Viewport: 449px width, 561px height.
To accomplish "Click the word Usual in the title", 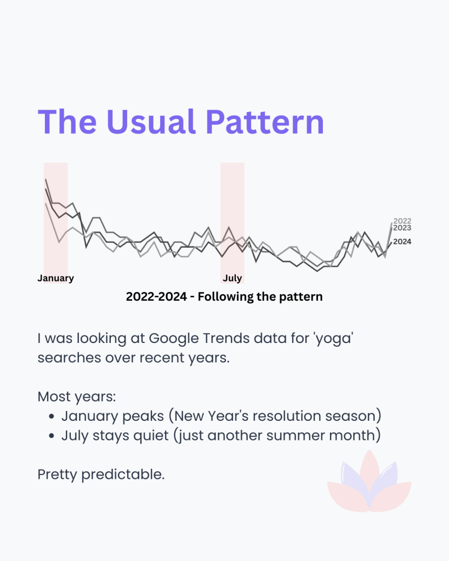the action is click(x=151, y=122).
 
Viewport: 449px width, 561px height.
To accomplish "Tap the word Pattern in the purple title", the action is click(x=265, y=122).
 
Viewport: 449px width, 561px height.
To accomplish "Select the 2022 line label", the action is click(x=402, y=221).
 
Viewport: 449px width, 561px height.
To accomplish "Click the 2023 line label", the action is click(x=402, y=228).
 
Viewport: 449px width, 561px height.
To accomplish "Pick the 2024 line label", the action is click(x=402, y=242).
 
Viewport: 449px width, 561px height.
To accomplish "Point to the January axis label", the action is click(x=55, y=278).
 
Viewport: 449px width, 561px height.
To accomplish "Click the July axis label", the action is click(x=232, y=278).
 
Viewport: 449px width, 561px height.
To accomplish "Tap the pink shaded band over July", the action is click(x=232, y=222).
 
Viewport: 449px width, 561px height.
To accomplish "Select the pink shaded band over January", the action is click(x=55, y=222).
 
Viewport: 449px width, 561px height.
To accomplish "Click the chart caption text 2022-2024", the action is click(x=156, y=296).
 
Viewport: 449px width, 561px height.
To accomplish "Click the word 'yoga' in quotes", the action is click(x=333, y=339).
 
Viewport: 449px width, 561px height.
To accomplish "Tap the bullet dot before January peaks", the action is click(x=52, y=416).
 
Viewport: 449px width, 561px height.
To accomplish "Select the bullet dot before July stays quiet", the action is click(x=52, y=436).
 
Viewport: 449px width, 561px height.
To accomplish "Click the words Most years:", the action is click(x=77, y=397).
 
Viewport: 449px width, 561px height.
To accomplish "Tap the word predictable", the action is click(x=123, y=475).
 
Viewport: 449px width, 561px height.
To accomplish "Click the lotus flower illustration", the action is click(x=369, y=481).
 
